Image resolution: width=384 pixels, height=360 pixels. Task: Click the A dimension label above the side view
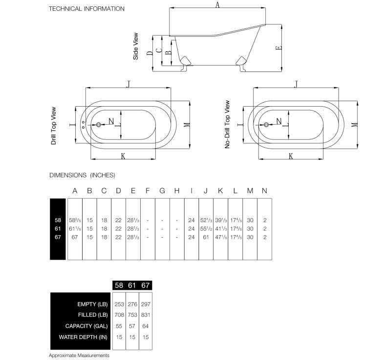coord(217,5)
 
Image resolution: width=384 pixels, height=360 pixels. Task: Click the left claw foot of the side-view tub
coord(185,64)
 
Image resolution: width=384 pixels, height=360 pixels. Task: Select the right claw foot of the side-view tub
coord(241,64)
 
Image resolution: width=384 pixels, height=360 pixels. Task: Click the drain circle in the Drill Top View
coord(99,125)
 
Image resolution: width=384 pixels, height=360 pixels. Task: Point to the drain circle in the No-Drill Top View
coord(266,125)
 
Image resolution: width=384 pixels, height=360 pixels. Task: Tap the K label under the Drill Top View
coord(123,156)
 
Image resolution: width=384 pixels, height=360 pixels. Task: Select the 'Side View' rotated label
coord(135,46)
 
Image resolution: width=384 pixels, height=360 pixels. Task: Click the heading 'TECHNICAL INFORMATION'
coord(86,9)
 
